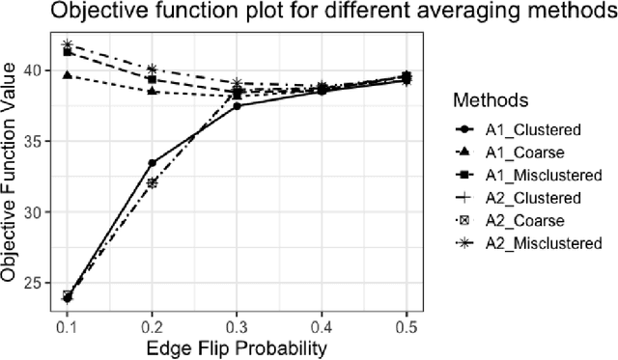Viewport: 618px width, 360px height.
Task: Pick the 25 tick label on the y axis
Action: click(31, 283)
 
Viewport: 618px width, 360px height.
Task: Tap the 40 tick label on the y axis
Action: click(31, 70)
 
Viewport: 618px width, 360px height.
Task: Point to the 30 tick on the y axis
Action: click(31, 212)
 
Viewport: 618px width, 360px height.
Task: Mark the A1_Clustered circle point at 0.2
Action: click(152, 163)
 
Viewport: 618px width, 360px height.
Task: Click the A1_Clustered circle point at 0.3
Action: click(237, 105)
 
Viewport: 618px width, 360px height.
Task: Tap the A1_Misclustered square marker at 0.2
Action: click(152, 78)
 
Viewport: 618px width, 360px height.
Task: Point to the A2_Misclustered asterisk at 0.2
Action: click(152, 69)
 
